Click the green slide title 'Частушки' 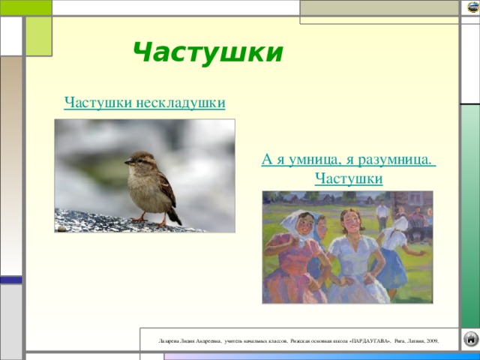(x=208, y=52)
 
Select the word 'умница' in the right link (x=309, y=159)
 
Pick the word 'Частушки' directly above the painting (x=349, y=178)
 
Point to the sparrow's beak (x=126, y=162)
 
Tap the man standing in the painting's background (x=383, y=214)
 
